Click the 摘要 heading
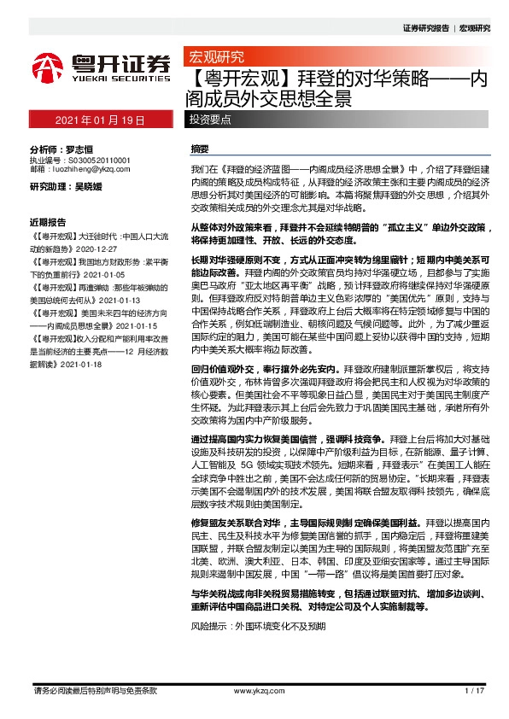(x=200, y=148)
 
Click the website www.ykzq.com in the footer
(x=254, y=689)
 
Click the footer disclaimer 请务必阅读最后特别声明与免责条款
(x=94, y=689)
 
